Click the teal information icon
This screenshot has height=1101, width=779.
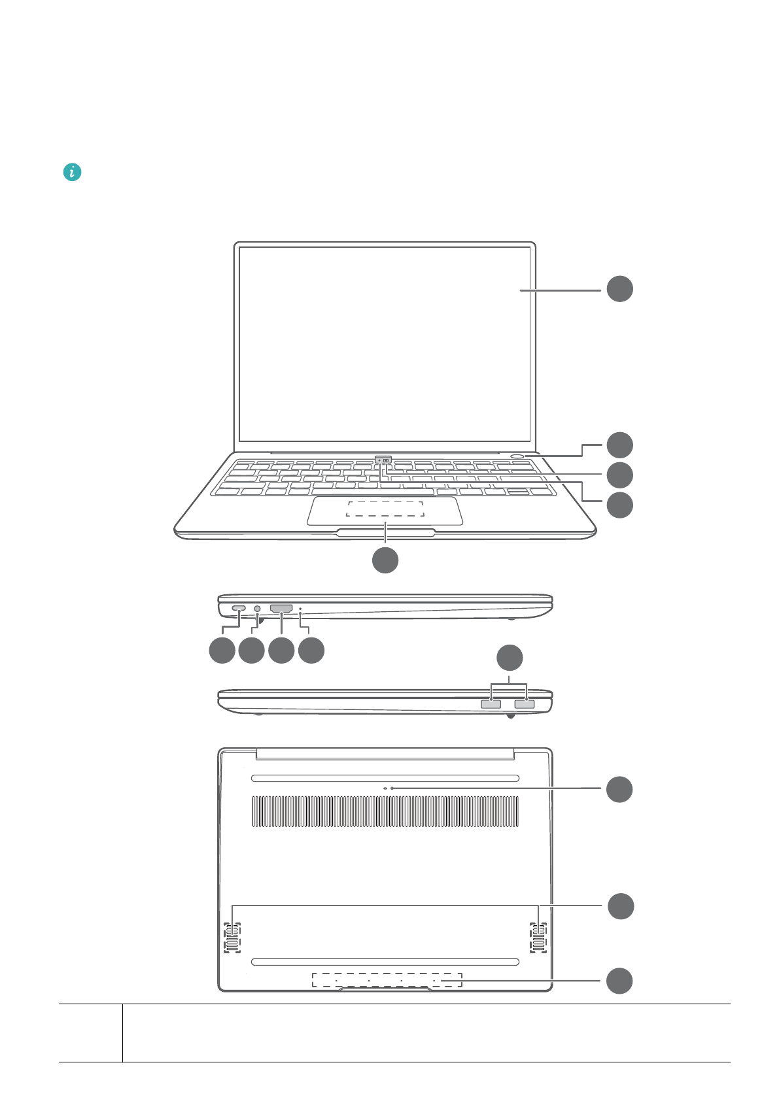click(72, 173)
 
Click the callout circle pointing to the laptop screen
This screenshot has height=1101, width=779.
click(619, 289)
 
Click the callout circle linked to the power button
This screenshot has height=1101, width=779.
click(619, 445)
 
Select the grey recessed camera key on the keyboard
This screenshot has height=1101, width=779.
click(383, 460)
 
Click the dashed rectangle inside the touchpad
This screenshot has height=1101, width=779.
click(385, 509)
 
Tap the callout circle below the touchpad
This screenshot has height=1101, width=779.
click(385, 560)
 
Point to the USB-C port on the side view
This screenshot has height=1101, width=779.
click(239, 609)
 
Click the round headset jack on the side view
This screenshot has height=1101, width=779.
click(257, 609)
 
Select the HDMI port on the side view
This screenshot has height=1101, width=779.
click(281, 609)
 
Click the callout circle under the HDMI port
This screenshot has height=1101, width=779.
click(281, 651)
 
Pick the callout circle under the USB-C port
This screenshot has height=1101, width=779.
click(222, 651)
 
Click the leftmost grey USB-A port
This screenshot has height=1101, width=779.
click(491, 704)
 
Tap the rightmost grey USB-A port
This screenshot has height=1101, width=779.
click(525, 704)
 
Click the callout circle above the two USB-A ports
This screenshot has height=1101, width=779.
click(510, 658)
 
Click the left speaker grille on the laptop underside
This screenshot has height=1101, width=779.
click(232, 938)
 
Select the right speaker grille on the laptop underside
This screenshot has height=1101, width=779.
click(538, 938)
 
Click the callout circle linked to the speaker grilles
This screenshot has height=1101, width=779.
click(621, 906)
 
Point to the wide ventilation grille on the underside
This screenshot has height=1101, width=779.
click(385, 811)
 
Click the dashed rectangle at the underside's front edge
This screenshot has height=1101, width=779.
click(387, 980)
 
